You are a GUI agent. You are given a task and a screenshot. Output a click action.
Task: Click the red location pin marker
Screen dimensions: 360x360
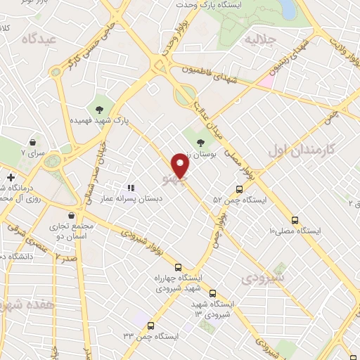[181, 167]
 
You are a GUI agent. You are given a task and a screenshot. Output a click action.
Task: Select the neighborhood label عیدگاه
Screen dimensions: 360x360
[38, 40]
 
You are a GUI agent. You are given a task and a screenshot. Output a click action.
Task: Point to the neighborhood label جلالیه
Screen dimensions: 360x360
[259, 39]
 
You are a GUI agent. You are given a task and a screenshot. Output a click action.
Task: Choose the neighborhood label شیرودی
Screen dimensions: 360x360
[265, 278]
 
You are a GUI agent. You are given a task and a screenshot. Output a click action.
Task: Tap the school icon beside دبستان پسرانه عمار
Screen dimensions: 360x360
[130, 188]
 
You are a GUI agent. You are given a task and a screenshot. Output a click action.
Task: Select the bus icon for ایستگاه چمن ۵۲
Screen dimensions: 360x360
[240, 188]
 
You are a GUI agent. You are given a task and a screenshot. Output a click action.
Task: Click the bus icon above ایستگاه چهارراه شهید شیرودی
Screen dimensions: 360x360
[178, 267]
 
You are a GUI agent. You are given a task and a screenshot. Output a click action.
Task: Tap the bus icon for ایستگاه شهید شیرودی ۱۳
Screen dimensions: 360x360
[213, 294]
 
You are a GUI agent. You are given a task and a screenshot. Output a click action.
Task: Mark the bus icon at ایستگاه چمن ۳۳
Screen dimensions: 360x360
[152, 325]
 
